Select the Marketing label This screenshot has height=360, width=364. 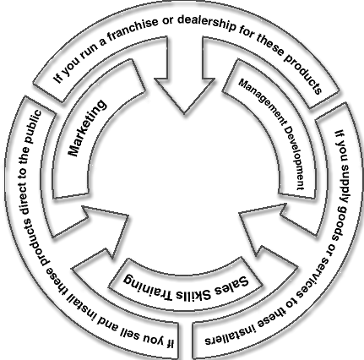coord(88,128)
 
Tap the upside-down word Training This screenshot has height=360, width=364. coord(147,286)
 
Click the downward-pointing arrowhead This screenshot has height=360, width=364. coord(184,95)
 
